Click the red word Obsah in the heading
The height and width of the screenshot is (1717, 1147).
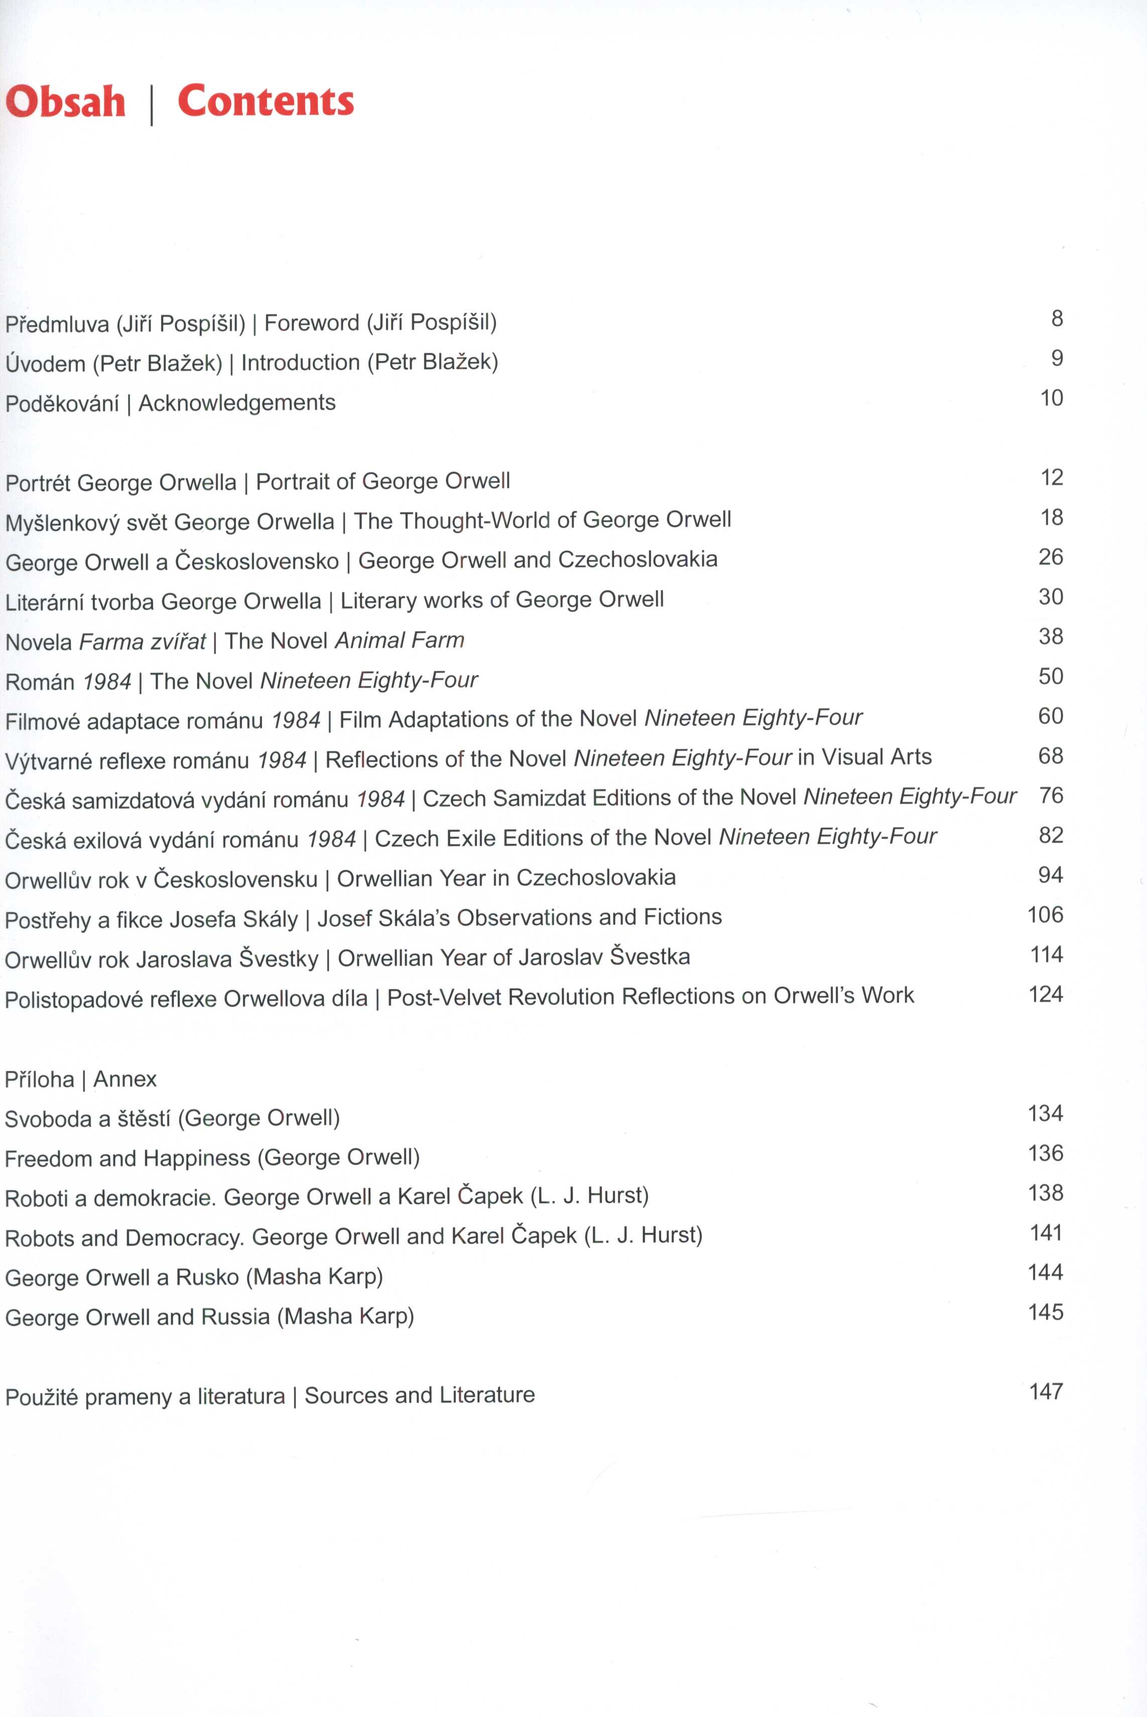66,102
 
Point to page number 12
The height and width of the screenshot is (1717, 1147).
1051,477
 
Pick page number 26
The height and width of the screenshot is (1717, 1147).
1051,557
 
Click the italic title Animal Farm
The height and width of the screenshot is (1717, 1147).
400,640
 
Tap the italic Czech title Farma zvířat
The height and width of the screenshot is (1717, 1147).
142,641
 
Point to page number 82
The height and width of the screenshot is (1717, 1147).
1051,835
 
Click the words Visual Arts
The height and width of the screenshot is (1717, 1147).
876,757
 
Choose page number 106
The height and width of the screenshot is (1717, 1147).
1045,915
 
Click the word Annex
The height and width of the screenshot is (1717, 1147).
125,1080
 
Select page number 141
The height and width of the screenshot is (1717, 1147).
1045,1233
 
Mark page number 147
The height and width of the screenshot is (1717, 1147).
1045,1392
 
